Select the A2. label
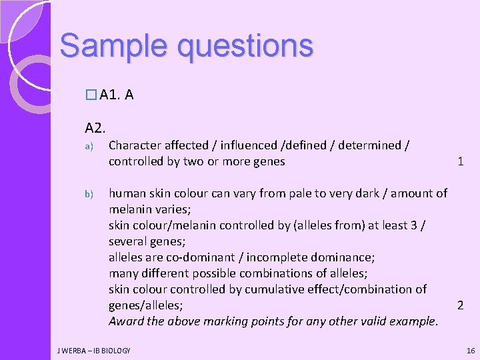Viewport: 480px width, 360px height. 95,127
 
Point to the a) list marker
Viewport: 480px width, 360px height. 87,145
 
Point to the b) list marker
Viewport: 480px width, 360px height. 87,194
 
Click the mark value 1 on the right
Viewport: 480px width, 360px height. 460,161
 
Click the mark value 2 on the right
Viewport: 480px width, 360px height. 460,305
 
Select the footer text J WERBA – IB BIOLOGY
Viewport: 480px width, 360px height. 93,350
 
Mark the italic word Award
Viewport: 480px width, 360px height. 127,321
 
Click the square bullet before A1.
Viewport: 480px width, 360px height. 91,96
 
